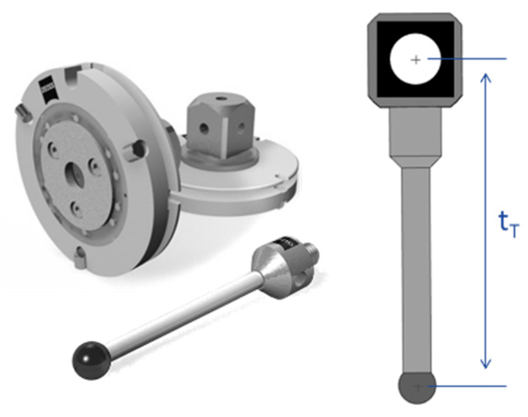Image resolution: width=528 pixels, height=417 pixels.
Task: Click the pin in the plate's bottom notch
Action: pos(81,257)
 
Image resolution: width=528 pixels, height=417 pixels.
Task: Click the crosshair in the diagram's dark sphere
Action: pos(418,386)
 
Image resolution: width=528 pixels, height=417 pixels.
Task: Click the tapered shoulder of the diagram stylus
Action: pos(416,162)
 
